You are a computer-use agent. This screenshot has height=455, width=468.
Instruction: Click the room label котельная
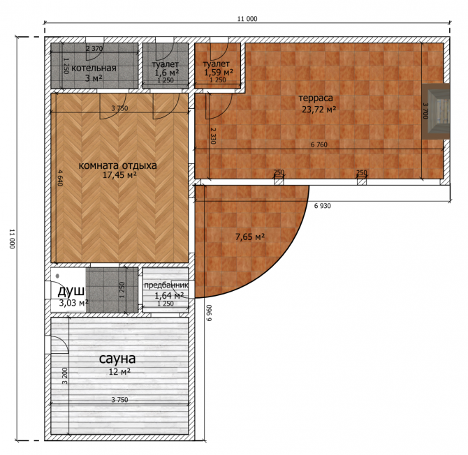tap(94, 68)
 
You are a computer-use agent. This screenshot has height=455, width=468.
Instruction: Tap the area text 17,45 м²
tap(119, 175)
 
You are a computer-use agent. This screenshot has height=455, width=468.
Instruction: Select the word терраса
tap(316, 98)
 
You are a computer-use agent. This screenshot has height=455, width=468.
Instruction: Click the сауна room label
tap(117, 359)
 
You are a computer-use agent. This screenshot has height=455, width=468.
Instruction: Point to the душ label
tap(71, 291)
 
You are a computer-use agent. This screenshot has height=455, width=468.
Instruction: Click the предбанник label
tap(166, 285)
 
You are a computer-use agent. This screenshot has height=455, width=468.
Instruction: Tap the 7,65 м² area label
tap(250, 237)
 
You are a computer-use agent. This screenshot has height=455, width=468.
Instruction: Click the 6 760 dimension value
tap(319, 145)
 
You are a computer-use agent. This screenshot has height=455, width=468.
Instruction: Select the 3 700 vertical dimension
tap(425, 111)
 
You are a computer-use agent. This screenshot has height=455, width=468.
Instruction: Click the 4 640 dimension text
tap(59, 178)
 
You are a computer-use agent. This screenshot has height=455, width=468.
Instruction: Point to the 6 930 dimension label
tap(322, 206)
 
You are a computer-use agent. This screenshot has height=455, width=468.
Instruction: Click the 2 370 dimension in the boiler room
tap(94, 49)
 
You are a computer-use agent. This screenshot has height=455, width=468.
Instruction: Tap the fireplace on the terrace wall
tap(436, 111)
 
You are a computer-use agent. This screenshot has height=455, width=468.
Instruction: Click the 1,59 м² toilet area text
tap(219, 72)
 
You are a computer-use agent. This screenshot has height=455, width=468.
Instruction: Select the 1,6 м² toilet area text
tap(166, 73)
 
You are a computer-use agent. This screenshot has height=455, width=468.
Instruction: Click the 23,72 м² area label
tap(319, 110)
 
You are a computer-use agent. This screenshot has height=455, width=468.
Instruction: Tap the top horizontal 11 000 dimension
tap(247, 19)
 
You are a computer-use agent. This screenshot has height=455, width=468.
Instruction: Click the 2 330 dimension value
tap(213, 136)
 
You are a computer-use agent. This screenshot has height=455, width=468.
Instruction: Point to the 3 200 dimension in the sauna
tap(65, 376)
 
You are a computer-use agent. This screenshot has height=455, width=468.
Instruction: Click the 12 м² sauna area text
tap(119, 372)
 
